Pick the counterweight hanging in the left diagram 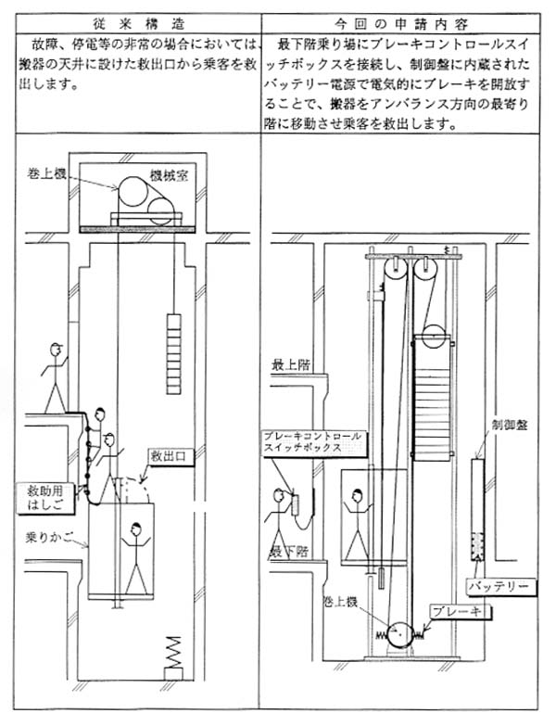(172, 346)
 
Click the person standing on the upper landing (53, 375)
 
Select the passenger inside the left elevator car (135, 557)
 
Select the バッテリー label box (496, 587)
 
